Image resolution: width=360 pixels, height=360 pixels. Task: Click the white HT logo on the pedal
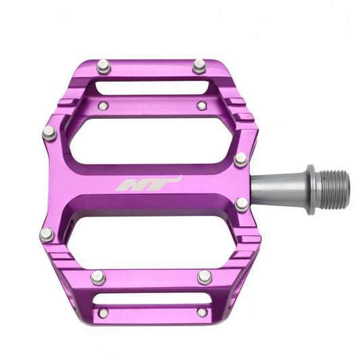[x=149, y=184]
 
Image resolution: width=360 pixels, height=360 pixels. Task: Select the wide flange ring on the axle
[x=311, y=189]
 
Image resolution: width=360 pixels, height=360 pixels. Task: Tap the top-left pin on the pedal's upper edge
[x=103, y=66]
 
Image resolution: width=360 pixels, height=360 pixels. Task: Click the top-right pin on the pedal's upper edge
[x=199, y=66]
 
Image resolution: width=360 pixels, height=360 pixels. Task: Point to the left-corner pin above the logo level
[x=49, y=133]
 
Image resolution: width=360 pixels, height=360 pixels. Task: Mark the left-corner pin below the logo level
[x=46, y=234]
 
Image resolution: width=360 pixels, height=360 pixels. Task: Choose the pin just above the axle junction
[x=240, y=159]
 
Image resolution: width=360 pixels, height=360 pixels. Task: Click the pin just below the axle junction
[x=242, y=204]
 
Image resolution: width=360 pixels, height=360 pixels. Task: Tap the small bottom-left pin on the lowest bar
[x=103, y=313]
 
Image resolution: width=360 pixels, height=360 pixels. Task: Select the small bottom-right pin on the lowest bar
[x=201, y=313]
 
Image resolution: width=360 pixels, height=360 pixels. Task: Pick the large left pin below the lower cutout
[x=99, y=277]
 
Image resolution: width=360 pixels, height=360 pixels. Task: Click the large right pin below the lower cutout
[x=205, y=277]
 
